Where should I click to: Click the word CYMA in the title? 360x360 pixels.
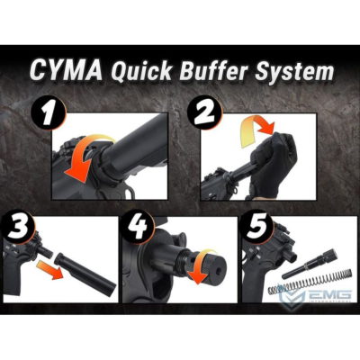point(66,71)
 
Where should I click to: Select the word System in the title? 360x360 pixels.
point(294,71)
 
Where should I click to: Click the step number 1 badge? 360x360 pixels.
point(49,114)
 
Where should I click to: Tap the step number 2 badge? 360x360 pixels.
point(204,113)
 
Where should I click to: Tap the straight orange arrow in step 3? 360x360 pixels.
point(49,269)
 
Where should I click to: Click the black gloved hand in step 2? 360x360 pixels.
point(273,164)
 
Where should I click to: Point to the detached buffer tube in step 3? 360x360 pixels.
point(85,271)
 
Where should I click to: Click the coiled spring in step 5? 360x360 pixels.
point(309,282)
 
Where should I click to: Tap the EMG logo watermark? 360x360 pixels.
point(315,294)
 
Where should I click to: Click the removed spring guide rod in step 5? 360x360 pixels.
point(310,264)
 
